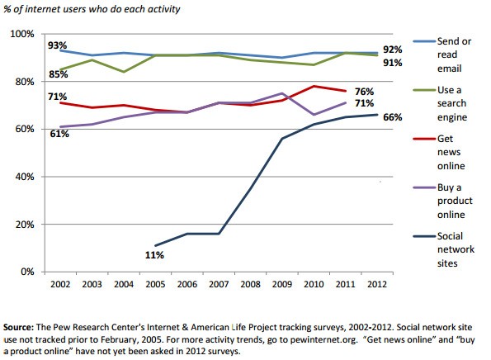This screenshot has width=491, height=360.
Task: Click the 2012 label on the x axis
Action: (x=376, y=285)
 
